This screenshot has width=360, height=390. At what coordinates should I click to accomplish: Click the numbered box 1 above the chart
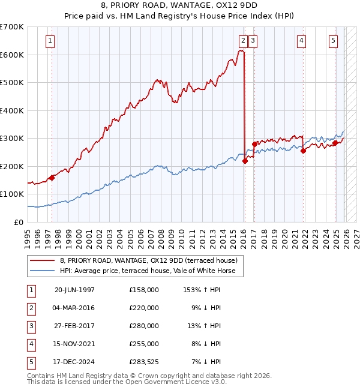49,41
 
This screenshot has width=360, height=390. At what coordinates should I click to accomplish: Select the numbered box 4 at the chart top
301,41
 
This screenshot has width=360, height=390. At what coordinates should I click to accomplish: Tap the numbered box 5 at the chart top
333,41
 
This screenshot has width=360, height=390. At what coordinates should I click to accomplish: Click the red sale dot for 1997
52,178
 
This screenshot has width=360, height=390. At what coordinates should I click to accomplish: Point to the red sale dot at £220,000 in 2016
245,161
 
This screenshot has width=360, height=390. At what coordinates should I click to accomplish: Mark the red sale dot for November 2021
303,151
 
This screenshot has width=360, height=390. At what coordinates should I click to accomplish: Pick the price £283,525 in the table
144,362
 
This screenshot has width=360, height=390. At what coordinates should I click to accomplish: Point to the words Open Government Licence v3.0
175,382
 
